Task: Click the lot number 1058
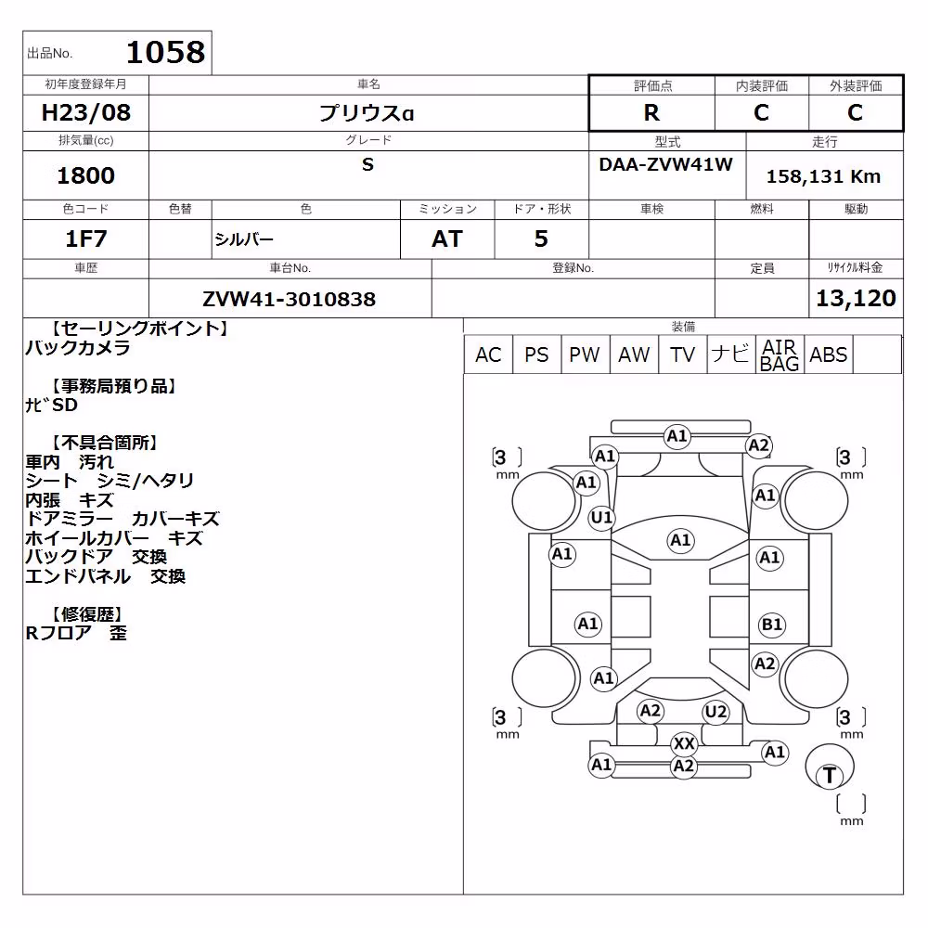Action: pyautogui.click(x=166, y=52)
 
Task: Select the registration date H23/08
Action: pyautogui.click(x=85, y=112)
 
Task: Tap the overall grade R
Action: pyautogui.click(x=651, y=112)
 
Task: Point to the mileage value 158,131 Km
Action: pyautogui.click(x=823, y=176)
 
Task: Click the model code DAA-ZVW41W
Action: pyautogui.click(x=665, y=164)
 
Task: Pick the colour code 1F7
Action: pyautogui.click(x=85, y=238)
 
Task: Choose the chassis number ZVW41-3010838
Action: pyautogui.click(x=289, y=299)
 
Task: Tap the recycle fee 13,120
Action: pyautogui.click(x=856, y=298)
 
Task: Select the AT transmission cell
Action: pyautogui.click(x=447, y=238)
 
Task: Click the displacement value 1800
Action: pyautogui.click(x=85, y=175)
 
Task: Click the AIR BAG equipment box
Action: pyautogui.click(x=780, y=354)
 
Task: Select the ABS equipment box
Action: pyautogui.click(x=829, y=354)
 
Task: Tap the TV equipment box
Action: pyautogui.click(x=682, y=354)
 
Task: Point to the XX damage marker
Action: pyautogui.click(x=684, y=743)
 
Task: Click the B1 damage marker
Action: pyautogui.click(x=772, y=625)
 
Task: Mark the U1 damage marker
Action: pyautogui.click(x=602, y=518)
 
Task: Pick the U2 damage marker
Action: pyautogui.click(x=716, y=712)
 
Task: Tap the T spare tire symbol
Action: pyautogui.click(x=829, y=775)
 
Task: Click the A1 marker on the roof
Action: pyautogui.click(x=680, y=540)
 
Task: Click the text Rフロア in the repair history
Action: pyautogui.click(x=58, y=633)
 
